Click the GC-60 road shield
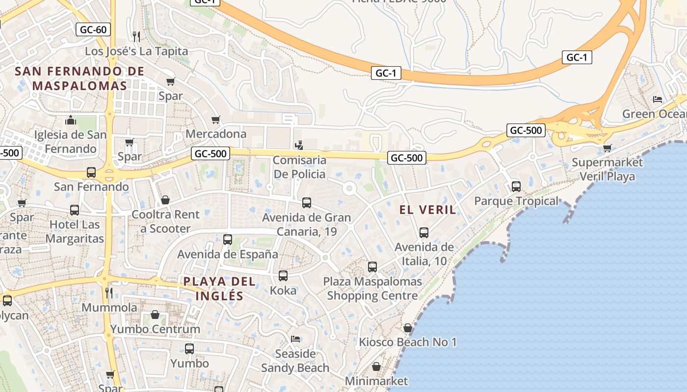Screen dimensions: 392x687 click(93, 29)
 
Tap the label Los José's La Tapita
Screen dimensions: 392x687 click(136, 51)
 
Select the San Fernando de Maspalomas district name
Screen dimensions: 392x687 click(79, 78)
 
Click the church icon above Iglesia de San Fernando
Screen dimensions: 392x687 click(71, 120)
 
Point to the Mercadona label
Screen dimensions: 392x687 click(216, 134)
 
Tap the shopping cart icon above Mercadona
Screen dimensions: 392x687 click(215, 120)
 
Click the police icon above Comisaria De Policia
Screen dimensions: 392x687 click(299, 146)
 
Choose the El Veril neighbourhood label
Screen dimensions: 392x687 click(427, 210)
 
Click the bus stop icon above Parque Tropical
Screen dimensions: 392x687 click(516, 187)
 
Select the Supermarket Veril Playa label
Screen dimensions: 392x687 click(607, 169)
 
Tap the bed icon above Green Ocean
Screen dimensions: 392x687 click(658, 99)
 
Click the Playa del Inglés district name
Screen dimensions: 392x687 click(219, 289)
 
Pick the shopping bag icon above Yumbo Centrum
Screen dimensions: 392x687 click(155, 315)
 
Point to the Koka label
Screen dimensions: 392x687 click(283, 290)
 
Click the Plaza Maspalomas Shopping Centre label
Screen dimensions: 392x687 click(372, 289)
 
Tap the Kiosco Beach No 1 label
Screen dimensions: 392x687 click(408, 342)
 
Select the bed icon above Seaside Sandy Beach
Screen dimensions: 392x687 click(295, 339)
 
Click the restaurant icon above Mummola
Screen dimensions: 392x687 click(109, 293)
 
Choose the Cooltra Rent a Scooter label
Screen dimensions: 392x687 click(165, 221)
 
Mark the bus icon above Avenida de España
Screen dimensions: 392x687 click(227, 240)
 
